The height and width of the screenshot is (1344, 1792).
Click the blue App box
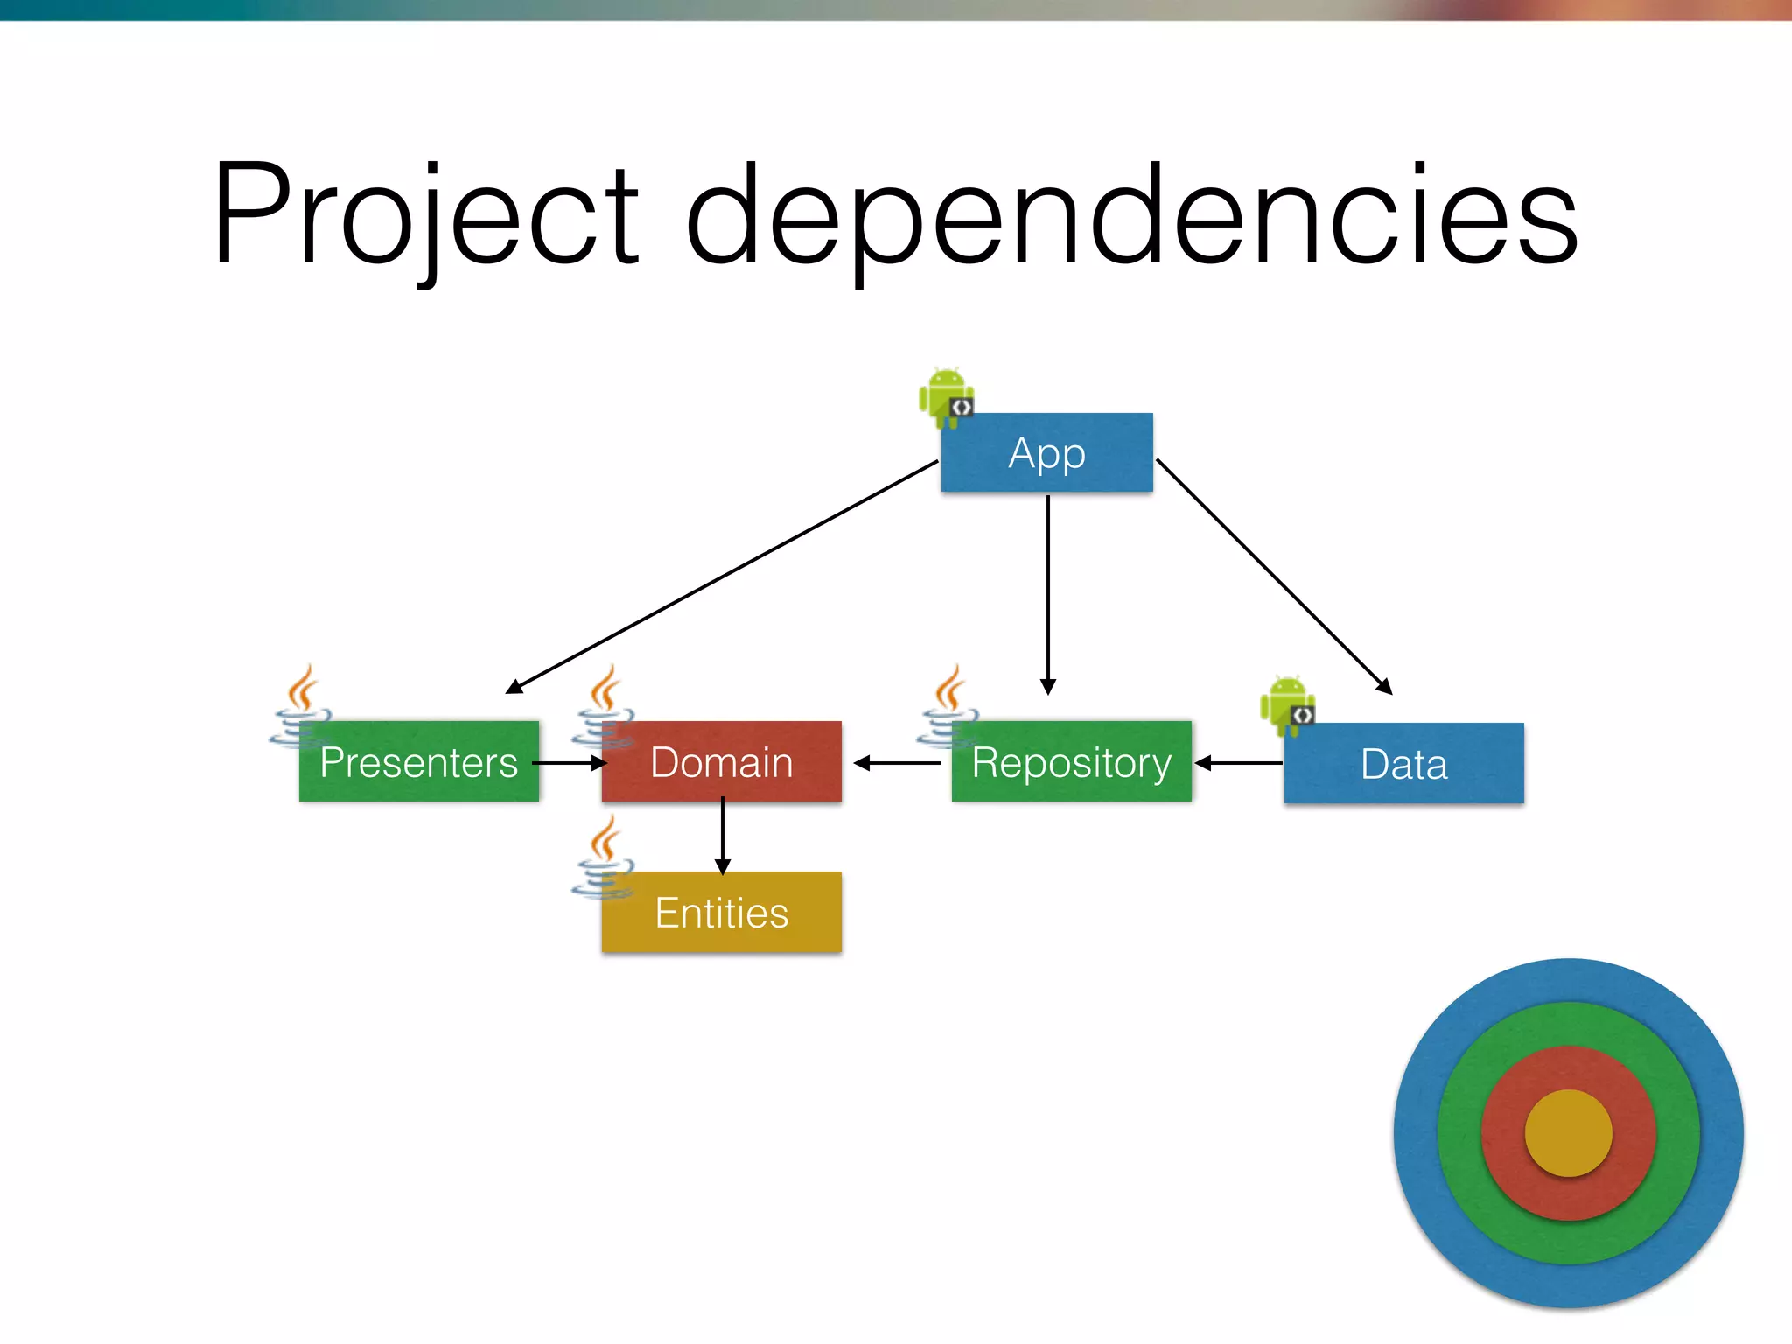click(x=1046, y=452)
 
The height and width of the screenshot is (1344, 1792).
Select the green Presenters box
click(x=418, y=761)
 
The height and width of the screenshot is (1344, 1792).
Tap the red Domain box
click(x=721, y=761)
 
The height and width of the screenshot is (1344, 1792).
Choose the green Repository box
click(x=1071, y=761)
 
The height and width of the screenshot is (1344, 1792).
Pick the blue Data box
click(x=1403, y=763)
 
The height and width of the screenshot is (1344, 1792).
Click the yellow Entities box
click(x=721, y=912)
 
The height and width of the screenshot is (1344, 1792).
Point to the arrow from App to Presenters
click(x=723, y=577)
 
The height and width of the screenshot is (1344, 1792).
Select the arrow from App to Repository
click(x=1047, y=595)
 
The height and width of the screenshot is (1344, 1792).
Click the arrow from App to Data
click(x=1274, y=577)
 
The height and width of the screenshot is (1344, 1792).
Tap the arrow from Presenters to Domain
click(x=569, y=763)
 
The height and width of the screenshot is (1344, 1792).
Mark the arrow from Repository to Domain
click(x=897, y=763)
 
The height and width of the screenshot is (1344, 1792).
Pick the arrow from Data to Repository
click(x=1238, y=763)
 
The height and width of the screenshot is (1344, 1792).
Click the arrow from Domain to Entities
click(x=722, y=836)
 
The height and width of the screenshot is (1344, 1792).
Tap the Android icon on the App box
click(x=946, y=397)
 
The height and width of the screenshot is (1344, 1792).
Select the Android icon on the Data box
click(x=1287, y=704)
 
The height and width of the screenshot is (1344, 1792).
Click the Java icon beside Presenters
click(x=301, y=704)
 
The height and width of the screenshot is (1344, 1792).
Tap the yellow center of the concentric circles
click(x=1568, y=1133)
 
